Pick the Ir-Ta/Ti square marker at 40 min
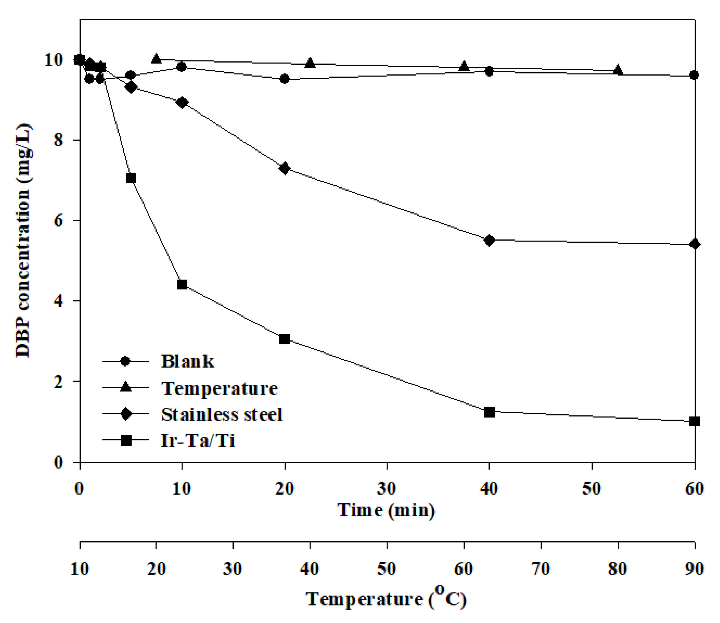[489, 412]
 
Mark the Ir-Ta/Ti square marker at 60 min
[694, 421]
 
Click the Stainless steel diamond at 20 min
[285, 169]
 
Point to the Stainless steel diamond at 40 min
[489, 240]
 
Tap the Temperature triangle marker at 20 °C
[156, 59]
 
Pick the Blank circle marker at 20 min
[285, 79]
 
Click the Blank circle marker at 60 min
[694, 75]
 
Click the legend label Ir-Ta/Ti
[198, 441]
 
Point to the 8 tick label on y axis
[58, 140]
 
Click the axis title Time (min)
[386, 510]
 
